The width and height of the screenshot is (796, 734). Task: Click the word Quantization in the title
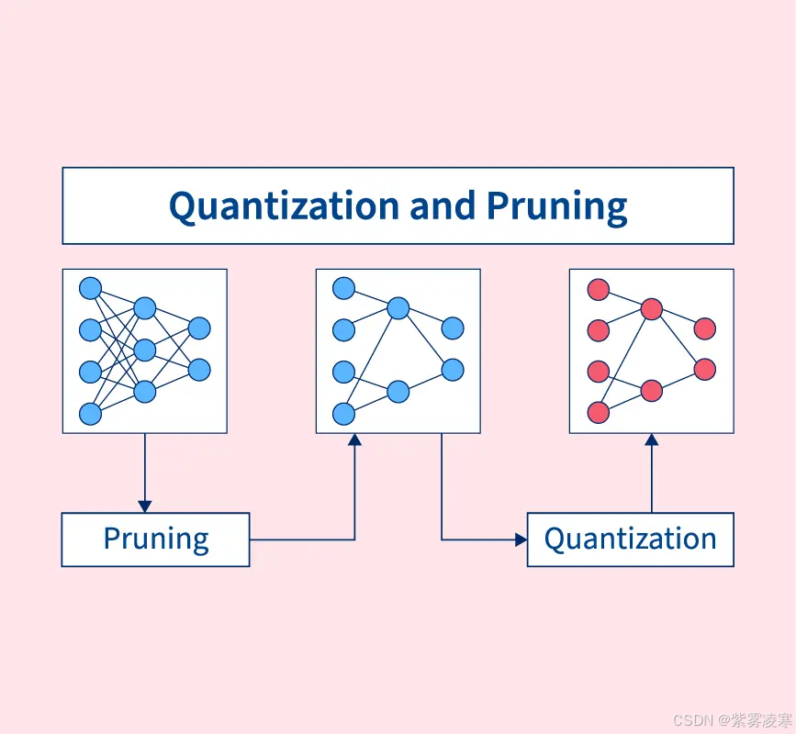pyautogui.click(x=285, y=206)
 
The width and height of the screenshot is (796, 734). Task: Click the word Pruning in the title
pyautogui.click(x=556, y=206)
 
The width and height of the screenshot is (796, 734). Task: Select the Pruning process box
pyautogui.click(x=155, y=539)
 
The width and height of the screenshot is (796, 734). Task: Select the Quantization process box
pyautogui.click(x=630, y=539)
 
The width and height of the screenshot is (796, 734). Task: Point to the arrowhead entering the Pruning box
pyautogui.click(x=144, y=506)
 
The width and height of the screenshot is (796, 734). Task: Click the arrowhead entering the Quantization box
pyautogui.click(x=520, y=539)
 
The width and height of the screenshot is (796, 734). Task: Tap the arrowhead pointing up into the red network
pyautogui.click(x=652, y=440)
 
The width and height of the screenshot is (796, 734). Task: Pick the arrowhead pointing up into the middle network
pyautogui.click(x=354, y=440)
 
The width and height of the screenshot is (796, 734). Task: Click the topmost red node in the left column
pyautogui.click(x=599, y=290)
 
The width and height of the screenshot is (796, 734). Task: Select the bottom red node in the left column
pyautogui.click(x=599, y=412)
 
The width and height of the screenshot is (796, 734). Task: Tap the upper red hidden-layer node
pyautogui.click(x=652, y=309)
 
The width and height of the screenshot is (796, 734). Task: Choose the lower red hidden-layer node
pyautogui.click(x=652, y=391)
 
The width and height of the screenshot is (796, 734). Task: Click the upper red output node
pyautogui.click(x=704, y=328)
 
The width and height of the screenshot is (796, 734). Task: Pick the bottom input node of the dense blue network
pyautogui.click(x=90, y=414)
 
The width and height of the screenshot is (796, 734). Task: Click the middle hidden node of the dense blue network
pyautogui.click(x=145, y=350)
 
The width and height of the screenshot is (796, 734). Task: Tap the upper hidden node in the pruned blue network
pyautogui.click(x=398, y=308)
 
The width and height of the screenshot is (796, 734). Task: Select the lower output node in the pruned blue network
pyautogui.click(x=452, y=370)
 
